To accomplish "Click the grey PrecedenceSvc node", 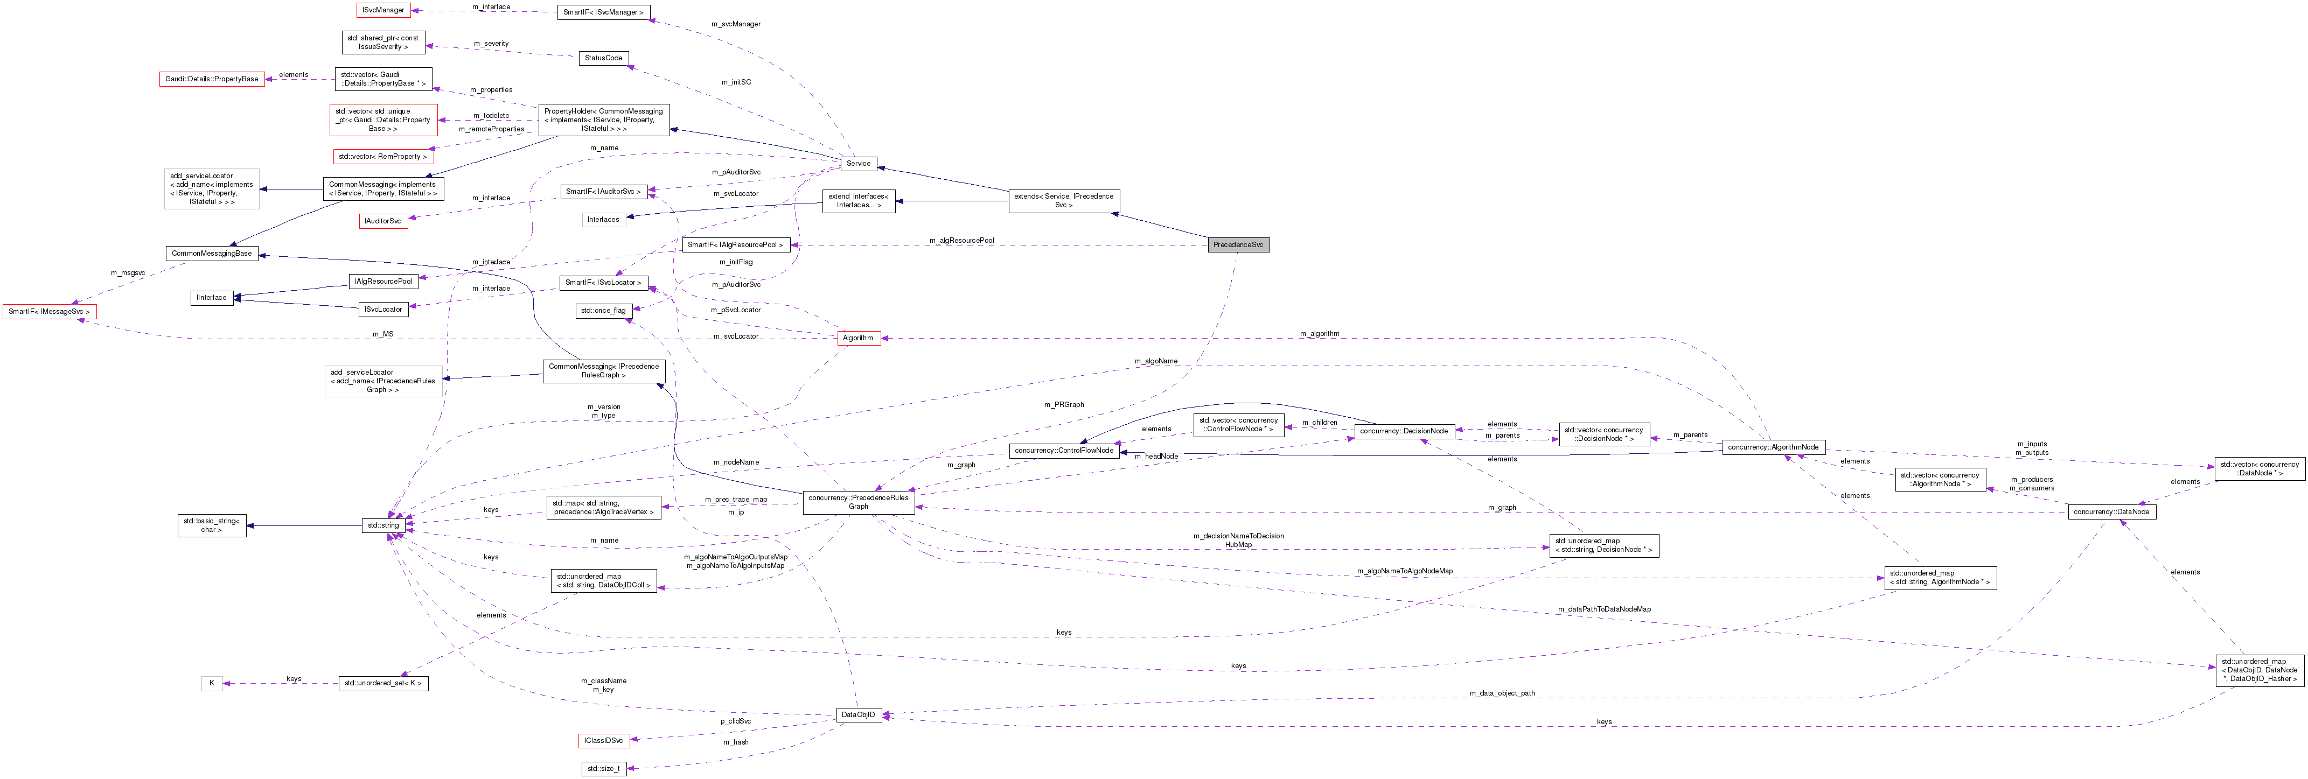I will (1238, 244).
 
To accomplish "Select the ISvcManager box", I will (383, 10).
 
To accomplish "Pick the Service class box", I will (859, 163).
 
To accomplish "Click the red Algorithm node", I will (859, 338).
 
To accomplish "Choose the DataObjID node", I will (859, 714).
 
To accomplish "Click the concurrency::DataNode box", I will (2111, 512).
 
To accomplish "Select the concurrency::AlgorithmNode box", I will (1773, 447).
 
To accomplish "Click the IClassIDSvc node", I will (603, 740).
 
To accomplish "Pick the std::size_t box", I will (603, 768).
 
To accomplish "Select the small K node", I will (212, 683).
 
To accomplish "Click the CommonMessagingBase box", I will (212, 254).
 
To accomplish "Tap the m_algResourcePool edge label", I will (961, 240).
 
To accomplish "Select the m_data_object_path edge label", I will (1502, 693).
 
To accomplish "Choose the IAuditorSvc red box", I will (383, 220).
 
